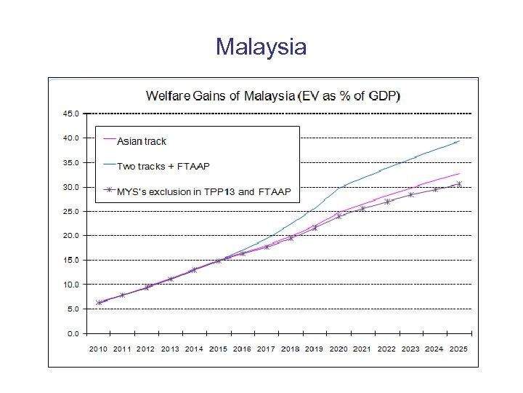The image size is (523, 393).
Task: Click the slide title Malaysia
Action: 261,47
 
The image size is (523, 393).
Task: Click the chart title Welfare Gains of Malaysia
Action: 275,95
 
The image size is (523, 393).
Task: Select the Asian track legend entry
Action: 142,140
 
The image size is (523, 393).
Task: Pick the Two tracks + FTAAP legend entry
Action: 163,166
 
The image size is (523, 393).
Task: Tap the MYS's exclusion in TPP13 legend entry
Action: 203,191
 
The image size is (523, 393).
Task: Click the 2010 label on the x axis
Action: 99,349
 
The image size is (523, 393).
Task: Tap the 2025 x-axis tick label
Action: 458,349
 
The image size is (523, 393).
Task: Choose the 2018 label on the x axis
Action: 291,349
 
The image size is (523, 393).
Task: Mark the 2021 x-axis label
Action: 362,349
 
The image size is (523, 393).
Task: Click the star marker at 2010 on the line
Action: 99,302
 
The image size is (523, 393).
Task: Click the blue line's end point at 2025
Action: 459,141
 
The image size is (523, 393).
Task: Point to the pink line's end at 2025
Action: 459,174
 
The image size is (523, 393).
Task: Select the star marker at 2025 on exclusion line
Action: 459,183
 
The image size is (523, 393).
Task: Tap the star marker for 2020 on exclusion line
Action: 338,216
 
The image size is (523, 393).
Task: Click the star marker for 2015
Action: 219,261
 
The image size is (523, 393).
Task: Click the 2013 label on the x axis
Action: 170,349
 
